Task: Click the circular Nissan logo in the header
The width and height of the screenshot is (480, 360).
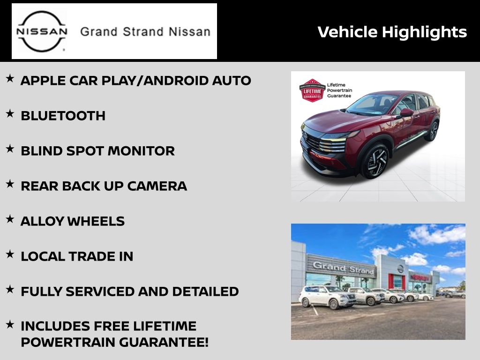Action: click(x=42, y=31)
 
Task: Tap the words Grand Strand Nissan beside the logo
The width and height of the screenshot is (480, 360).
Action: click(x=145, y=32)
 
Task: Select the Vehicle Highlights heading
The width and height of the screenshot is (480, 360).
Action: click(x=392, y=32)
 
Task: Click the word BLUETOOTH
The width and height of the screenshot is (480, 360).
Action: click(x=63, y=116)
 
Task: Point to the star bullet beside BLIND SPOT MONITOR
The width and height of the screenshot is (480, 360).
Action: click(x=10, y=149)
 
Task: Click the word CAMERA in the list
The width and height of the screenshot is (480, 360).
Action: click(x=157, y=186)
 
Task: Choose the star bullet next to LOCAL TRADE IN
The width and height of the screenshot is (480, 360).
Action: click(x=10, y=254)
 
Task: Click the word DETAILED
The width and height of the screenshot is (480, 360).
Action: click(x=205, y=292)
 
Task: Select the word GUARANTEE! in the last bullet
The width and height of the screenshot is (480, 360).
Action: click(x=164, y=342)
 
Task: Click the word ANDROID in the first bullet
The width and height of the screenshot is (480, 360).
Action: click(x=176, y=81)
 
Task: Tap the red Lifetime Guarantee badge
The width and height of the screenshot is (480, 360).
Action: click(x=312, y=90)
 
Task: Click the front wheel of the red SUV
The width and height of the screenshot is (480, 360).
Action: click(x=375, y=161)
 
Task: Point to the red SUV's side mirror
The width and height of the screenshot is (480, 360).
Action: click(x=406, y=112)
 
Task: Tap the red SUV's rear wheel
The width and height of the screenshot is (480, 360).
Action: click(x=432, y=131)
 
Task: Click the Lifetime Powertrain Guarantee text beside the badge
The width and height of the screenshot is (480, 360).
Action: click(x=339, y=90)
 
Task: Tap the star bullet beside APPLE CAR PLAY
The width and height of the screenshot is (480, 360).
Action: click(x=10, y=78)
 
